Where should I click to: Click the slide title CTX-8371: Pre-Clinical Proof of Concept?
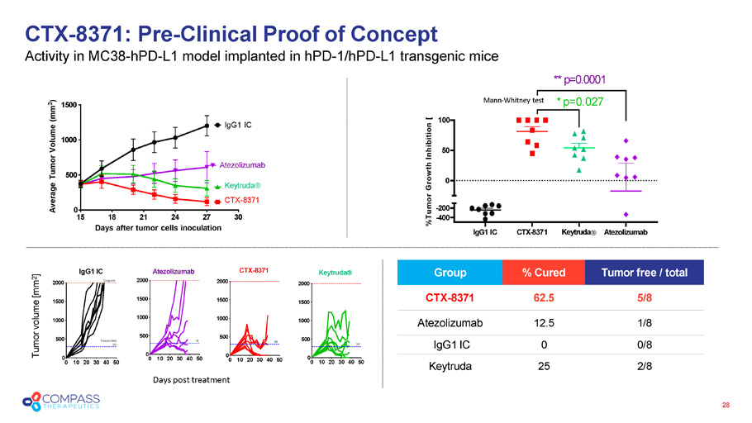(x=231, y=34)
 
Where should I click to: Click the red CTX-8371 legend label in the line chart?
(x=243, y=201)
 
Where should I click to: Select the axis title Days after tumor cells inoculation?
(x=158, y=227)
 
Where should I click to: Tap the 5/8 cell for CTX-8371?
(x=642, y=297)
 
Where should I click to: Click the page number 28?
(x=726, y=405)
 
